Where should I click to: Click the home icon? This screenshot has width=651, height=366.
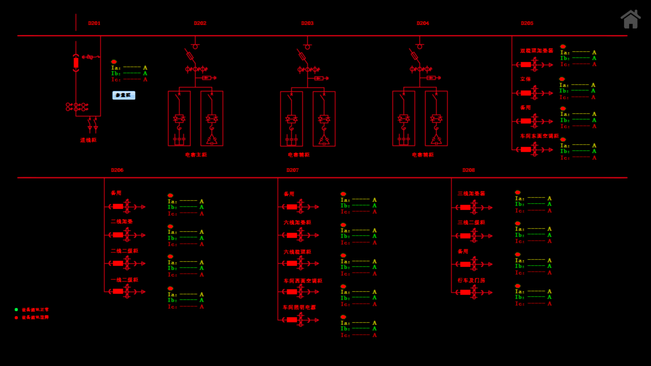[x=630, y=19]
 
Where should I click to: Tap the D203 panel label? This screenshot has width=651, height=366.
[x=307, y=23]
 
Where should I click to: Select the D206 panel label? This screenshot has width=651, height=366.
[x=117, y=170]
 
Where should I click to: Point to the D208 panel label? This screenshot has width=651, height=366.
[x=468, y=170]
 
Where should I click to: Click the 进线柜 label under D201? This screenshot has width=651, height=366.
[x=88, y=140]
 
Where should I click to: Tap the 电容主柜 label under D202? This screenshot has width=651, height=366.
[x=196, y=155]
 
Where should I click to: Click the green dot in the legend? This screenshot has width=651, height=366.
[x=16, y=309]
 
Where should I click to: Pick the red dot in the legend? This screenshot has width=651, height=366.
[x=16, y=318]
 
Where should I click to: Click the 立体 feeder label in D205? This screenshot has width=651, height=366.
[x=526, y=79]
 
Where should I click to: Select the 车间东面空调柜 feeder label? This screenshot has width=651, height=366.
[x=539, y=136]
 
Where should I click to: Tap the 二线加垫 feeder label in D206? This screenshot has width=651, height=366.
[x=122, y=221]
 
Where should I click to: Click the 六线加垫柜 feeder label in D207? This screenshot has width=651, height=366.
[x=297, y=222]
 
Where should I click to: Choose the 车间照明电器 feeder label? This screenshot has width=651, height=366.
[x=299, y=307]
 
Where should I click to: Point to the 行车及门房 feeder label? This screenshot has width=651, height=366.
[x=471, y=280]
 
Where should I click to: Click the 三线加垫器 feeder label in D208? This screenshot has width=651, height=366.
[x=471, y=194]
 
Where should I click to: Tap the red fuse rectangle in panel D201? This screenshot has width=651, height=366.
[x=76, y=63]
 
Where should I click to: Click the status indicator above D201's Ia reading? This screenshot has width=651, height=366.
[x=114, y=62]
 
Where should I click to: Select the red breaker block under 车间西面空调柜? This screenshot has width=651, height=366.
[x=292, y=292]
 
